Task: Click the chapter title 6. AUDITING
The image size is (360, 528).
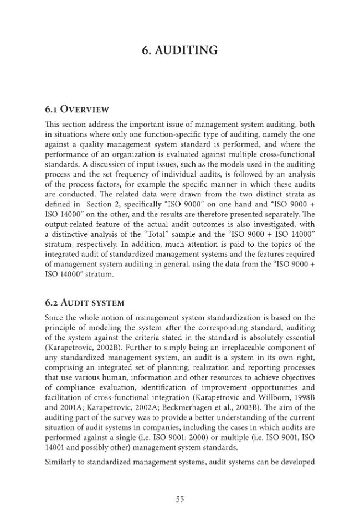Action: pyautogui.click(x=180, y=51)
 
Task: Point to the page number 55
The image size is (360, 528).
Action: pyautogui.click(x=179, y=499)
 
